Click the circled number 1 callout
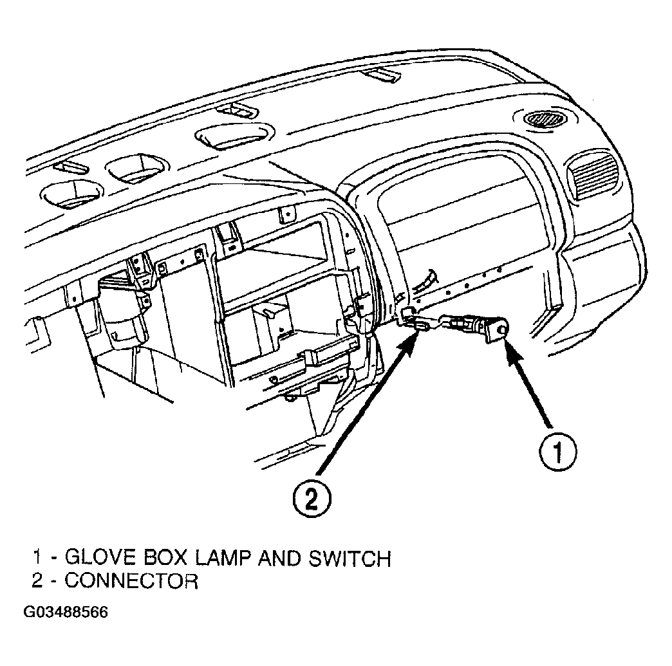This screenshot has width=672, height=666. pos(557,452)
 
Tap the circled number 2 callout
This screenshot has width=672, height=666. pos(312,499)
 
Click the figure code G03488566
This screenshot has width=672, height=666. pos(66,612)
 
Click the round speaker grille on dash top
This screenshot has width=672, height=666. pos(544,118)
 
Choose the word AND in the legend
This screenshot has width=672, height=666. pos(281,558)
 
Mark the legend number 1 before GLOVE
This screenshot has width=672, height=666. pos(38,558)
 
